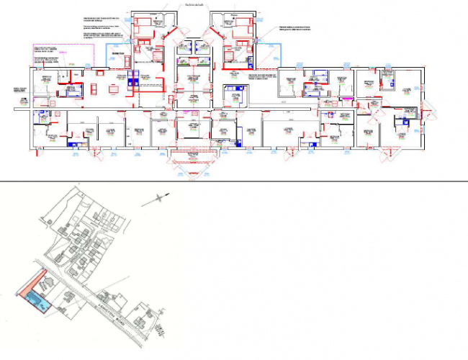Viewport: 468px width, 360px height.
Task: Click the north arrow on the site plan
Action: pos(156,201)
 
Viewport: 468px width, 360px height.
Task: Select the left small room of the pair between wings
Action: pos(184,48)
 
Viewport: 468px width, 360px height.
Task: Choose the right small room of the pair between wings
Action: pos(201,48)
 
